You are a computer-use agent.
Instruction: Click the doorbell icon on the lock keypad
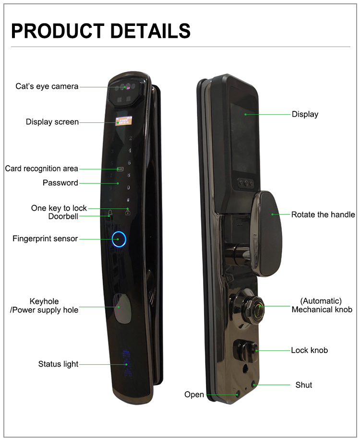[110, 213]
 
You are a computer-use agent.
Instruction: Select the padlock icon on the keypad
[128, 212]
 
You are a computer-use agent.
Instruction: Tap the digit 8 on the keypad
[129, 175]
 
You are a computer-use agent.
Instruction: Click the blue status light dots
[127, 364]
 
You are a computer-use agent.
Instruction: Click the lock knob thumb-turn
[245, 350]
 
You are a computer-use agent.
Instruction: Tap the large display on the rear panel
[243, 138]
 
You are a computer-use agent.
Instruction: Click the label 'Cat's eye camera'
[47, 86]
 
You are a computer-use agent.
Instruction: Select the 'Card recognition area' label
[42, 168]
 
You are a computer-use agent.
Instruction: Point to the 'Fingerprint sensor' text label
[45, 239]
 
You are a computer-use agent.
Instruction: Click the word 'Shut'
[304, 385]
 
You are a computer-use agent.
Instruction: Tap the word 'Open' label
[194, 394]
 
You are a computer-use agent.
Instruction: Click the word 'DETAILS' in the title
[150, 31]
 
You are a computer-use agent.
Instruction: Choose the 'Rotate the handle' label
[323, 215]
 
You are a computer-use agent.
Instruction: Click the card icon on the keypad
[120, 169]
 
